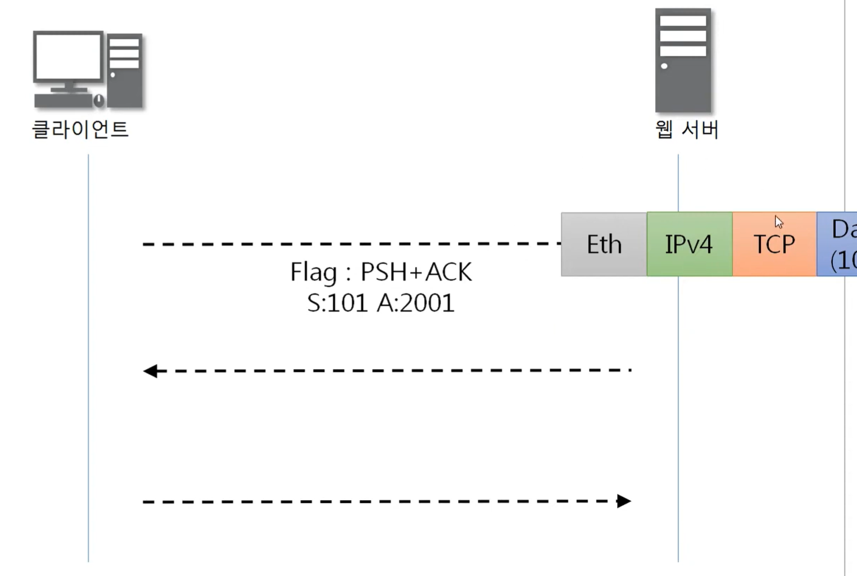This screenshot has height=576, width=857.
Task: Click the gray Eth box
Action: coord(604,244)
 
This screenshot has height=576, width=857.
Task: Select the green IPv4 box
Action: coord(689,244)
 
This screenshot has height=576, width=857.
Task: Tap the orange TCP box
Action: coord(774,244)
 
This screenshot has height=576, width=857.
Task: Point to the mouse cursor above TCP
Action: coord(778,221)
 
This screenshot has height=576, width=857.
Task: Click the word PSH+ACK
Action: coord(416,272)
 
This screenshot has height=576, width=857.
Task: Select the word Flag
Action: coord(314,272)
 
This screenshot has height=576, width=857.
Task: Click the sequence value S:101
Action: coord(336,303)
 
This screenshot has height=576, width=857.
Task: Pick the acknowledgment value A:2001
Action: coord(415,303)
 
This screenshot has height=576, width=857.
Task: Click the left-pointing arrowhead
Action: coord(150,371)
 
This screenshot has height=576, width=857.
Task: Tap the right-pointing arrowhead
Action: coord(624,501)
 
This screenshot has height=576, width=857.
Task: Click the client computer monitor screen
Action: coord(68,57)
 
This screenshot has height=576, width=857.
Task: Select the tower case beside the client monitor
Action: coord(124,70)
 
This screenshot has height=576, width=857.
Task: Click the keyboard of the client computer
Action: coord(62,101)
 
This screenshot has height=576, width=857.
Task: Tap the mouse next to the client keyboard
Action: coord(99,101)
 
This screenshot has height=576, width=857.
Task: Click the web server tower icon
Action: coord(683,61)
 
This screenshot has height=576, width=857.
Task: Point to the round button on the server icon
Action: coord(664,66)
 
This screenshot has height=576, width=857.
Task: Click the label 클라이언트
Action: coord(80,129)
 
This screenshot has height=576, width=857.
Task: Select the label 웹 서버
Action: coord(687,129)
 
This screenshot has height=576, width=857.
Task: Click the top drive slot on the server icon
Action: coord(683,21)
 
